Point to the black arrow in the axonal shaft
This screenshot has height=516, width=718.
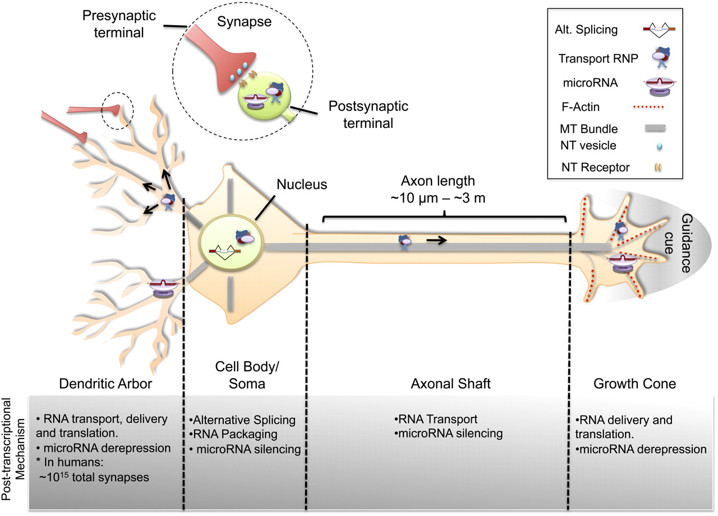[x=437, y=241]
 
